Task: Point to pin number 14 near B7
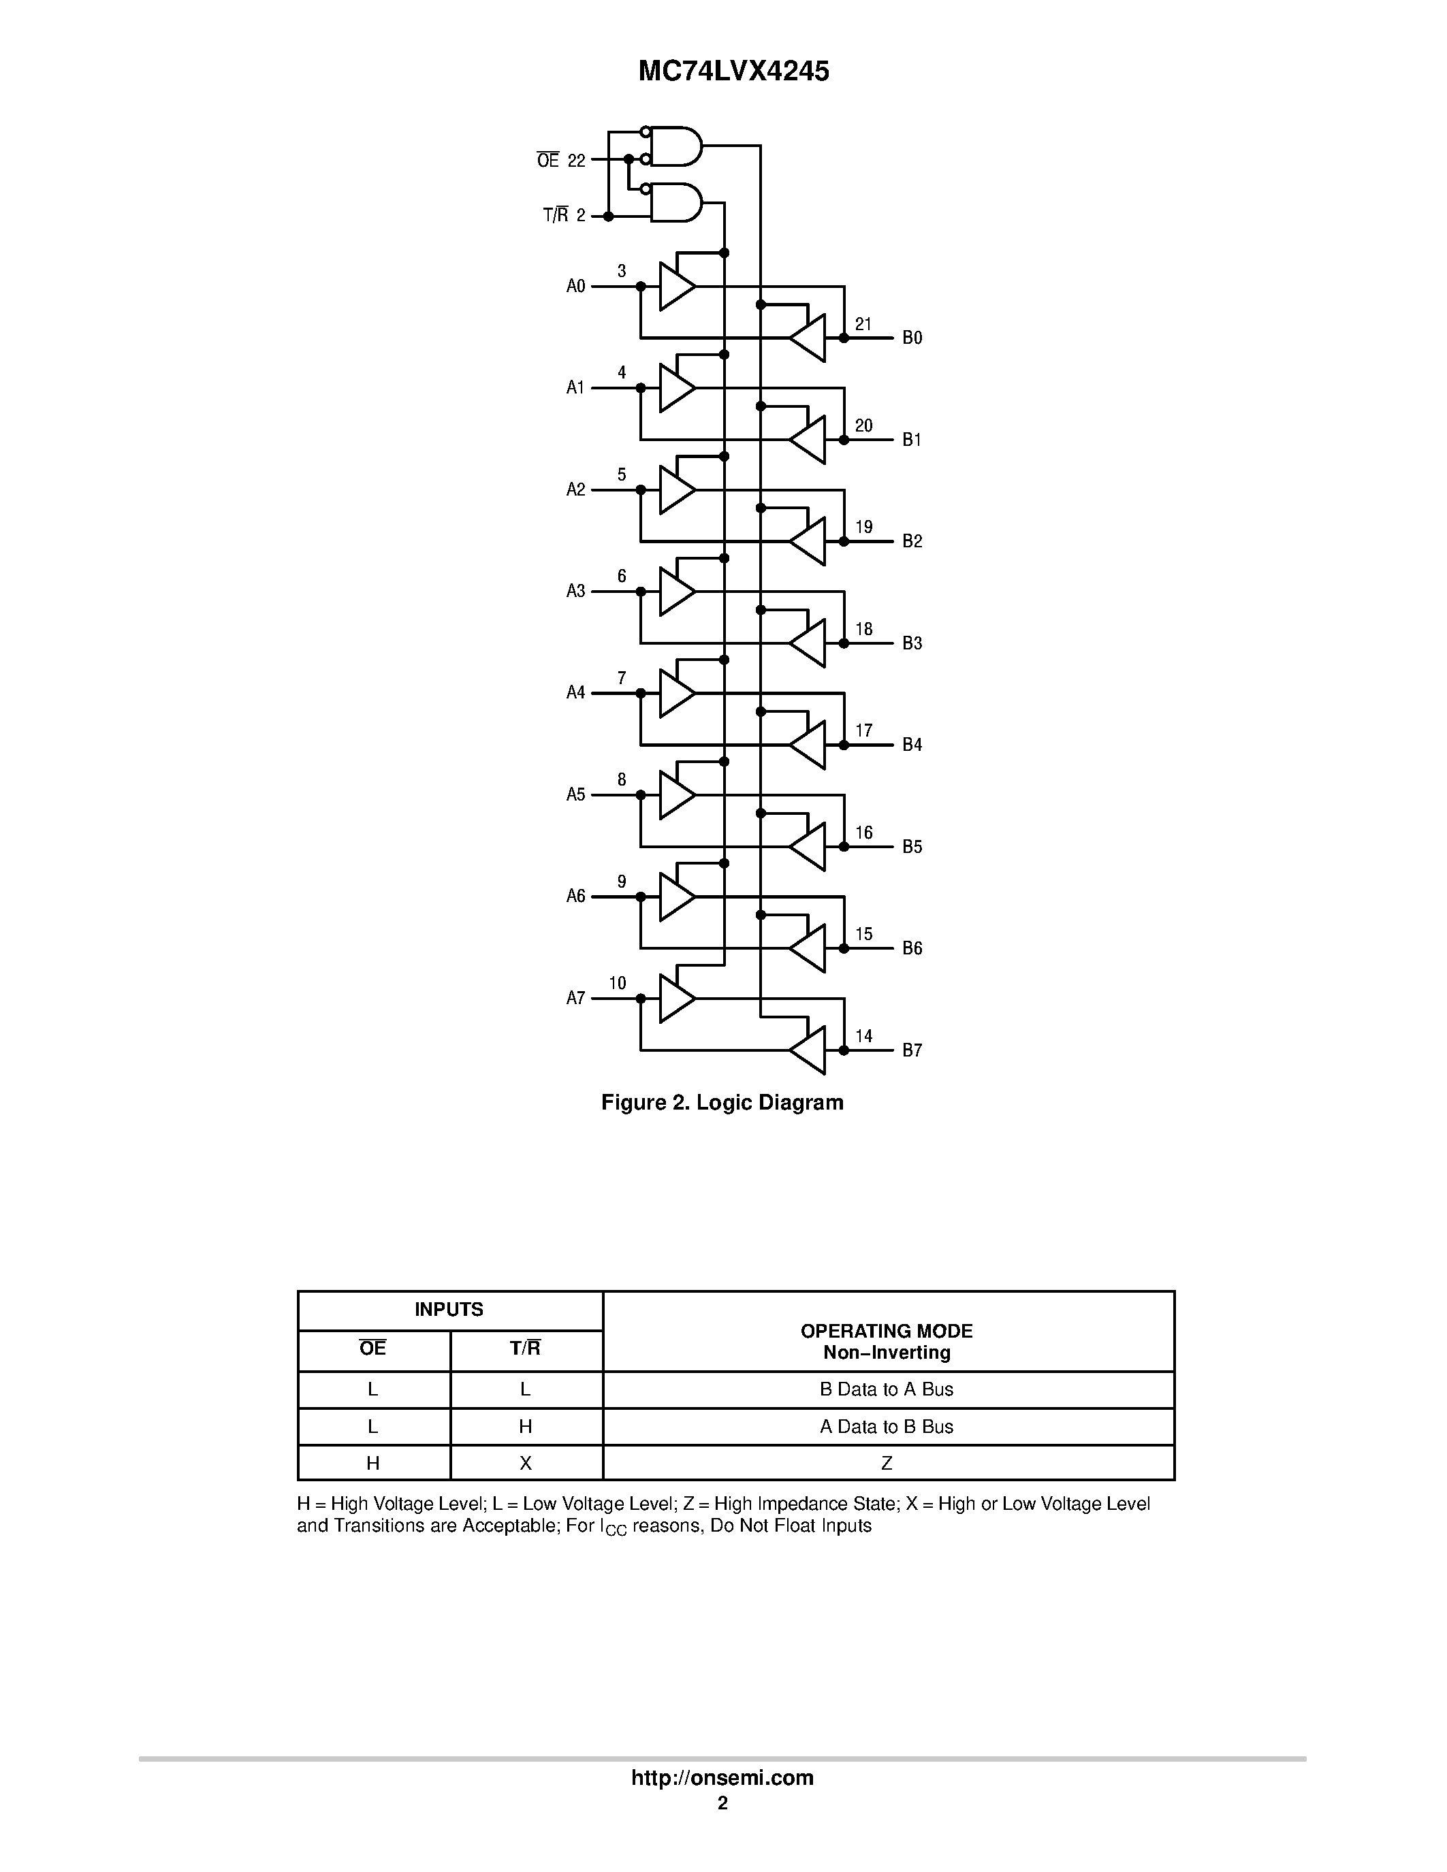[x=863, y=1036]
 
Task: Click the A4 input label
[x=575, y=692]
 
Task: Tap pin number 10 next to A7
[x=617, y=983]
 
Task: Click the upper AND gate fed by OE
[x=675, y=146]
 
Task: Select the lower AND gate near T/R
[x=675, y=202]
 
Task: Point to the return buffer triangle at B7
[x=809, y=1050]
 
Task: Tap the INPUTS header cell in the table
[x=449, y=1310]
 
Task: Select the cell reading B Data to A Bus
[x=887, y=1389]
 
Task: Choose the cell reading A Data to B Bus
[x=887, y=1426]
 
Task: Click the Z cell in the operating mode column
[x=887, y=1463]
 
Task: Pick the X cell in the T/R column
[x=526, y=1463]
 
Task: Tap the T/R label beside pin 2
[x=556, y=216]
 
